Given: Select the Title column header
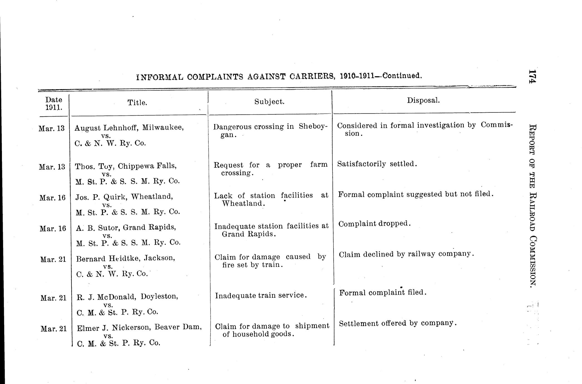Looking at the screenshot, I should pyautogui.click(x=137, y=103).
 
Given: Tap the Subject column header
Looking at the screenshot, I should pyautogui.click(x=269, y=102).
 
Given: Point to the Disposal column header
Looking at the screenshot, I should pyautogui.click(x=423, y=100).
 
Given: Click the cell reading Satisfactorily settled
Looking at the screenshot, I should pyautogui.click(x=377, y=164).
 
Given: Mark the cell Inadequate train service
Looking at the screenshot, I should pyautogui.click(x=261, y=295).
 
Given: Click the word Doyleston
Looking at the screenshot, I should pyautogui.click(x=159, y=296).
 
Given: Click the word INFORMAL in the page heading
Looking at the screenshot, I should pyautogui.click(x=160, y=77).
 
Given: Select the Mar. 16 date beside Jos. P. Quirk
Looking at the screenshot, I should pyautogui.click(x=52, y=198).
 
